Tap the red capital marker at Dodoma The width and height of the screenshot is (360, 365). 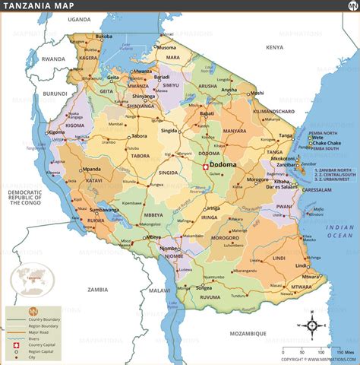(204, 165)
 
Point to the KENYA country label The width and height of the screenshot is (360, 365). (274, 47)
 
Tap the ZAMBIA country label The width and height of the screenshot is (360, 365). (97, 289)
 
